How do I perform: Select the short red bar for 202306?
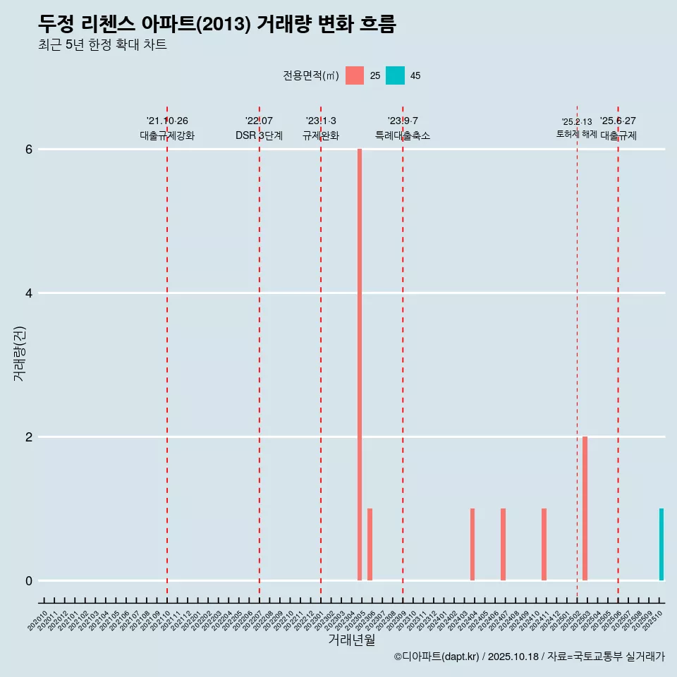[x=370, y=544]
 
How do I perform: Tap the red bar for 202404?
[x=472, y=544]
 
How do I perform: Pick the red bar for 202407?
[x=503, y=544]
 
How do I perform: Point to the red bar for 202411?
[x=544, y=544]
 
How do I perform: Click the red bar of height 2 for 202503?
[x=585, y=508]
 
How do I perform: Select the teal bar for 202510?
[x=661, y=544]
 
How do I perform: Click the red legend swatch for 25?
[x=355, y=75]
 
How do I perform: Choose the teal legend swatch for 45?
[x=396, y=75]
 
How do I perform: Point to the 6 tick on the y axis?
[x=29, y=150]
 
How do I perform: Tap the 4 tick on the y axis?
[x=29, y=293]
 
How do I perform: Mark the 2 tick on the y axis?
[x=29, y=437]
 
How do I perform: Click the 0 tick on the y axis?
[x=29, y=581]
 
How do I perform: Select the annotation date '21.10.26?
[x=167, y=121]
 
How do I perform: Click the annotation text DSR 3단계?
[x=259, y=135]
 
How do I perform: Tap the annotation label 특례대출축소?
[x=402, y=135]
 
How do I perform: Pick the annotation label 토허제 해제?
[x=576, y=134]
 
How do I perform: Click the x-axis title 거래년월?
[x=351, y=640]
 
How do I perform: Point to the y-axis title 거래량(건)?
[x=19, y=353]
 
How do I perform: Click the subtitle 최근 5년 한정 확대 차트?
[x=103, y=45]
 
